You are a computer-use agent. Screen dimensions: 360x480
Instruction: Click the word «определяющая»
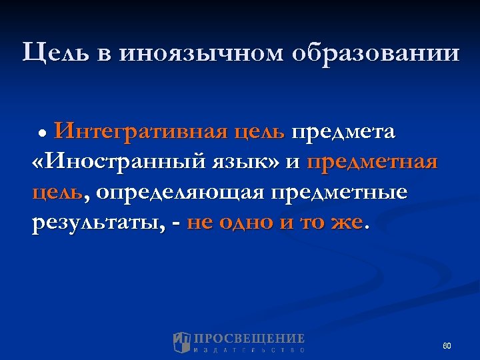coord(178,193)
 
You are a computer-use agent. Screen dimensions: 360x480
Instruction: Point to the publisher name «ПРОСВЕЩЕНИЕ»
coord(249,338)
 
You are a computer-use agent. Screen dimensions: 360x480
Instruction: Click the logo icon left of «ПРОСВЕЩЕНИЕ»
coord(182,343)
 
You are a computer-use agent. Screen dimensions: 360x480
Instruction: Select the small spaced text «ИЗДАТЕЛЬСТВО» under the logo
coord(249,350)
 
